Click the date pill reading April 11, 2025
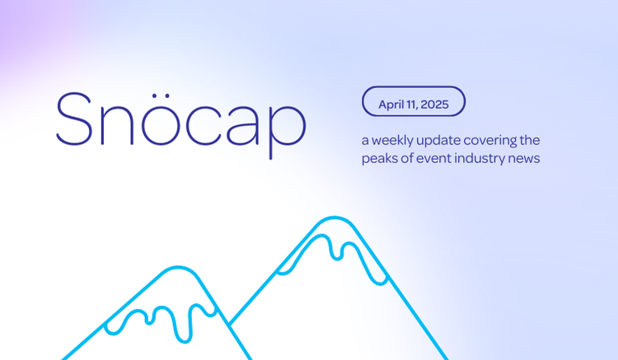[414, 102]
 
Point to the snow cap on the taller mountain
[333, 243]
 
